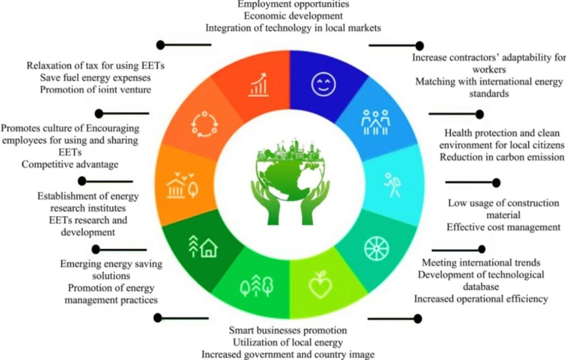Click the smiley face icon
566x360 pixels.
[x=323, y=84]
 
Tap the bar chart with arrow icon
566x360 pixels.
[x=259, y=85]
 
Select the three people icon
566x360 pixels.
[x=375, y=122]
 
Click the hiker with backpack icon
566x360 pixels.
[x=392, y=185]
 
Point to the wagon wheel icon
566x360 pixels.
[x=376, y=249]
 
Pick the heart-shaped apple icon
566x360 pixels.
[x=320, y=285]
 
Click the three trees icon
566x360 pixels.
[x=257, y=286]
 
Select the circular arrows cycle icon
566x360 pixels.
[x=205, y=124]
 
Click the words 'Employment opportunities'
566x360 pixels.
[x=293, y=4]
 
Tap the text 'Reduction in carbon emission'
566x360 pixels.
[x=502, y=157]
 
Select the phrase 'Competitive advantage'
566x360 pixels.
[x=70, y=164]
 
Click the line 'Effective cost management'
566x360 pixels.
[x=504, y=227]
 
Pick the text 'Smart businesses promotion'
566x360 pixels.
[x=287, y=330]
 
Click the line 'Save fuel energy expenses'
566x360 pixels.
[x=95, y=77]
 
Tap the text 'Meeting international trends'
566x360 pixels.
[x=481, y=263]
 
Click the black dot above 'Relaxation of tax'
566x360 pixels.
[x=161, y=45]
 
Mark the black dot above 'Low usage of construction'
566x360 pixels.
[x=496, y=182]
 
